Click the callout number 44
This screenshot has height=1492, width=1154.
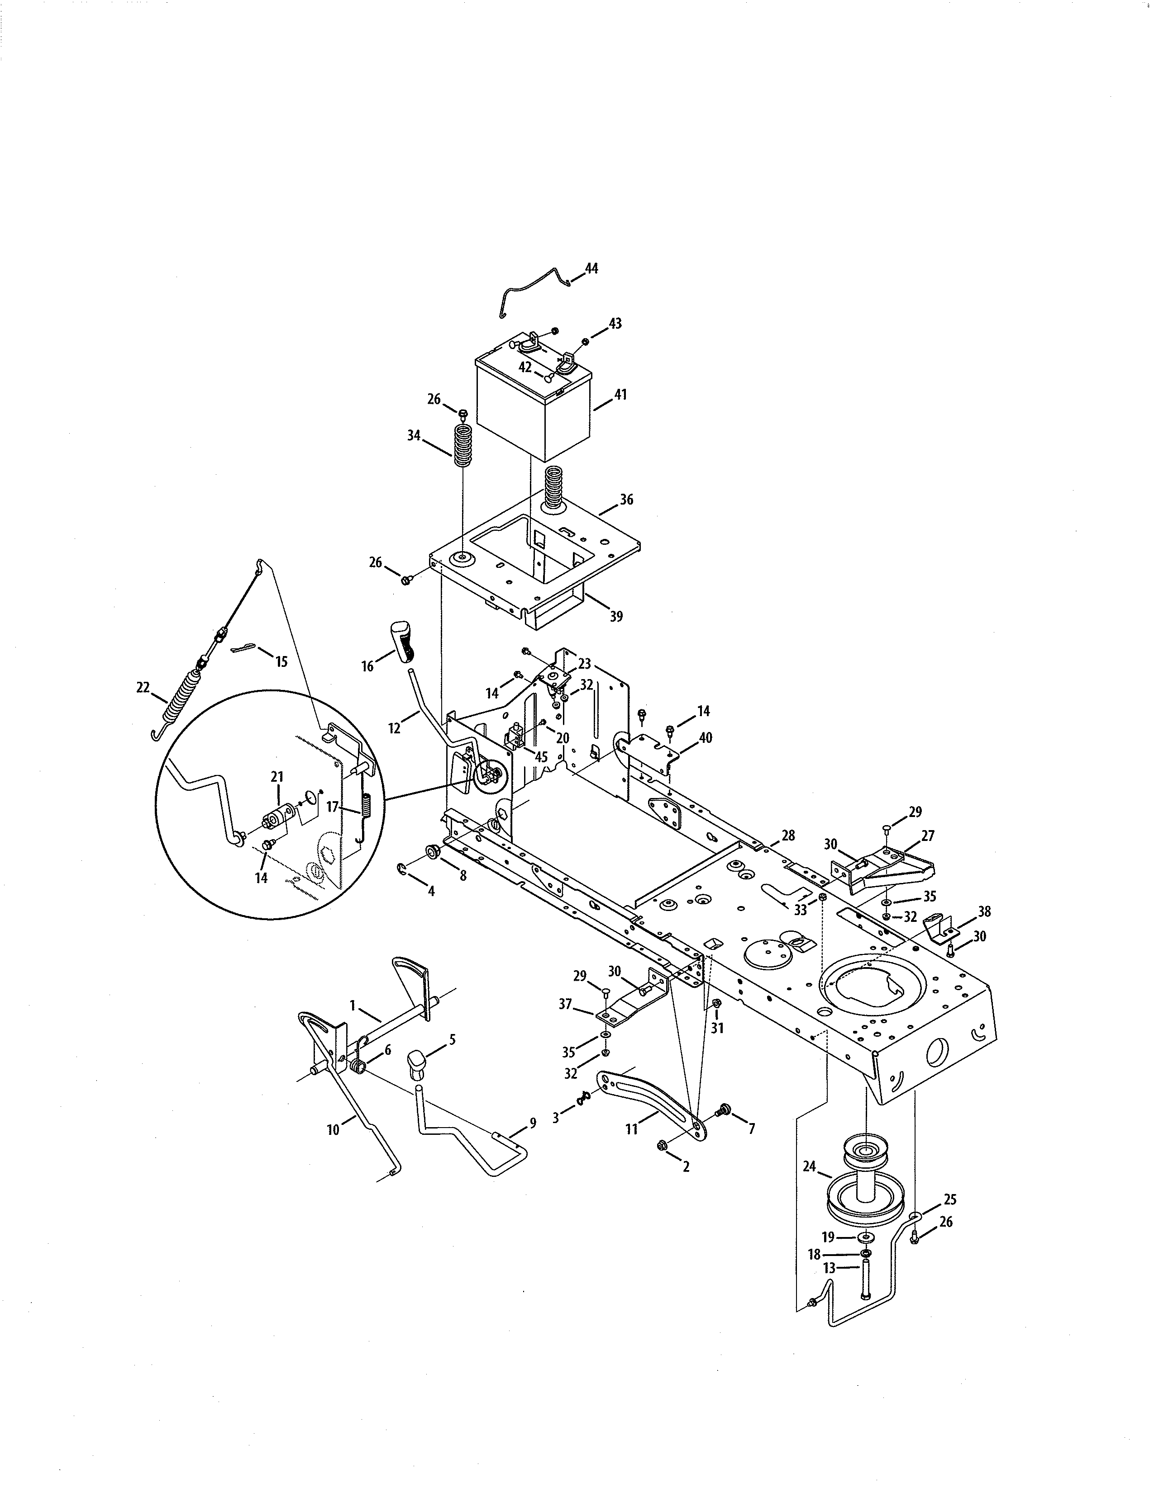[x=591, y=269]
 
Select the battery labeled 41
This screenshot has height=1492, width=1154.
[x=533, y=410]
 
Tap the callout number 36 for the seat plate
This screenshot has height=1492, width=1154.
[x=626, y=500]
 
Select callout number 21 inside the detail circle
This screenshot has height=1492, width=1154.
[x=277, y=777]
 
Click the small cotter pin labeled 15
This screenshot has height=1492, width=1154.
[x=242, y=648]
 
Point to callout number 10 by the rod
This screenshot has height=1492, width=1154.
[x=333, y=1130]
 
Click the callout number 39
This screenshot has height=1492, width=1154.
[x=616, y=616]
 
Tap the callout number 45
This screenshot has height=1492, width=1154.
[x=541, y=757]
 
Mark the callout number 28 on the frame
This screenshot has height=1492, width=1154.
[x=788, y=836]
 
